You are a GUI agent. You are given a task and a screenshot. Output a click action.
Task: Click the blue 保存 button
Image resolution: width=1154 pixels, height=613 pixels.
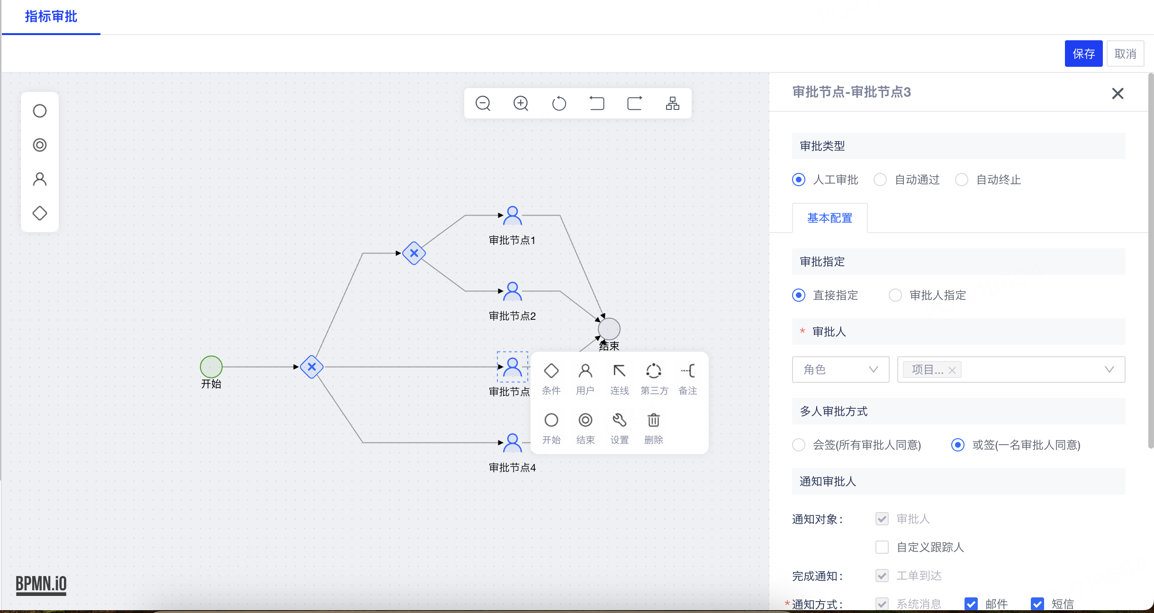coord(1083,54)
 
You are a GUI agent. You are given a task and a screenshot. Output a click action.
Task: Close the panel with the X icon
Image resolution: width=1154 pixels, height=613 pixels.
coord(1118,93)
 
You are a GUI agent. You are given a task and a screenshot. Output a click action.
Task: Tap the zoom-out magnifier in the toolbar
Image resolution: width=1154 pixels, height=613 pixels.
coord(483,103)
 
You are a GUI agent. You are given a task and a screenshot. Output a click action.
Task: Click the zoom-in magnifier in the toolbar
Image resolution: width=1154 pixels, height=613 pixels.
coord(521,103)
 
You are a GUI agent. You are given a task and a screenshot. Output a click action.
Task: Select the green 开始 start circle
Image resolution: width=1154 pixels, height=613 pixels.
coord(211,367)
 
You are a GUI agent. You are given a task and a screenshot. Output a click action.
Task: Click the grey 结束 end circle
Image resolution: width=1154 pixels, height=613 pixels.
coord(609,329)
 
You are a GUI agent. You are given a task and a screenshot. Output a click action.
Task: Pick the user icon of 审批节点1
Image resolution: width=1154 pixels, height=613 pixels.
coord(513,215)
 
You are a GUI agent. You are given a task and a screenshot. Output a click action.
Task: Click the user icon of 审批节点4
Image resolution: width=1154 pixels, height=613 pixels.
coord(513,442)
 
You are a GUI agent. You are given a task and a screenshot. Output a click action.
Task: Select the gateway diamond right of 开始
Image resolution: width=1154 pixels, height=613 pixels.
coord(312,367)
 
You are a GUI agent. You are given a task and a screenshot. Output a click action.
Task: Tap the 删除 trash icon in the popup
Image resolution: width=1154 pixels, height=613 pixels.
coord(654,420)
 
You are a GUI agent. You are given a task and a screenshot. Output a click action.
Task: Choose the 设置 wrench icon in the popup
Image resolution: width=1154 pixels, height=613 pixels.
coord(620,420)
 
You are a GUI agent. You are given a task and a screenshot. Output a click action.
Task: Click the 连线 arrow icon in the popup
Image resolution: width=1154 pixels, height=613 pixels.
coord(620,371)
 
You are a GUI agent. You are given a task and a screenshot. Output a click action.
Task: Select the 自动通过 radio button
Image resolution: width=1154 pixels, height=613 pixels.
coord(880,180)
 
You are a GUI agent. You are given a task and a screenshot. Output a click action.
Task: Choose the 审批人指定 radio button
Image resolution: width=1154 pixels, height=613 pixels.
coord(895,295)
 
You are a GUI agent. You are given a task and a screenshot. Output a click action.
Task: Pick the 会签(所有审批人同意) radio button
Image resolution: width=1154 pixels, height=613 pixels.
coord(799,445)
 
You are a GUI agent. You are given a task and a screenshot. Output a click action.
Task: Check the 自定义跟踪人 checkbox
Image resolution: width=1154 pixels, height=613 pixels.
coord(882,547)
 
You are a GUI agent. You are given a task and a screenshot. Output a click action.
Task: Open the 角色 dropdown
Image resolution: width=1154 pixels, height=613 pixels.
coord(840,370)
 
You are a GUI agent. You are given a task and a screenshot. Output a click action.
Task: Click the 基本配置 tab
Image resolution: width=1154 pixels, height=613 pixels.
coord(830,218)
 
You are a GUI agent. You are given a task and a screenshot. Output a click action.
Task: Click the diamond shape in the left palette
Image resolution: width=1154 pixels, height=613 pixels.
coord(40,213)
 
